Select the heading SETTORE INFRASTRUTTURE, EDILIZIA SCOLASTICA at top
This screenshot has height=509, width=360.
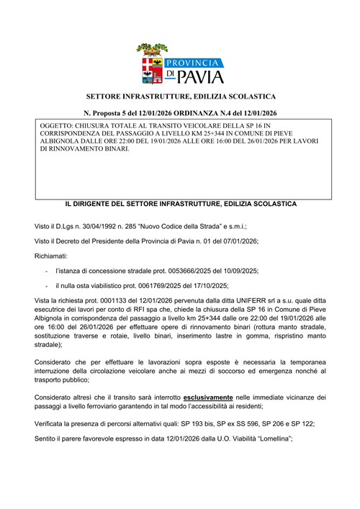181,96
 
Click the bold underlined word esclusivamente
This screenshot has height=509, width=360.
211,397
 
